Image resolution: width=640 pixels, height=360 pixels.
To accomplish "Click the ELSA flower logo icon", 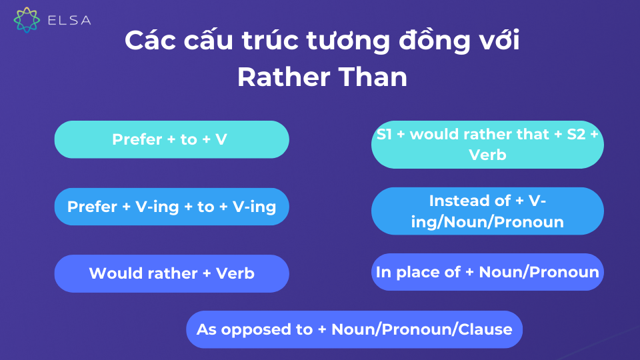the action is pyautogui.click(x=27, y=19).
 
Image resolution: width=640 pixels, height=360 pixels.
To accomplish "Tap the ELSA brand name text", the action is pyautogui.click(x=69, y=21).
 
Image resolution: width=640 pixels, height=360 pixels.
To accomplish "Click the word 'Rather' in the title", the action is pyautogui.click(x=284, y=77).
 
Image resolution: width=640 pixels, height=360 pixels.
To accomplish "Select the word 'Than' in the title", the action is pyautogui.click(x=373, y=77).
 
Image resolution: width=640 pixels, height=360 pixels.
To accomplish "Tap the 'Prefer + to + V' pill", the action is pyautogui.click(x=172, y=139).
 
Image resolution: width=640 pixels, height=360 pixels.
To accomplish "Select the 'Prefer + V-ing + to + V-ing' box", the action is pyautogui.click(x=172, y=207).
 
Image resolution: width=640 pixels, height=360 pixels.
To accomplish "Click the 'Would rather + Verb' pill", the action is pyautogui.click(x=172, y=273).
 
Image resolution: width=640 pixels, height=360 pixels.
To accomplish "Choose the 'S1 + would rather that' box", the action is pyautogui.click(x=487, y=145).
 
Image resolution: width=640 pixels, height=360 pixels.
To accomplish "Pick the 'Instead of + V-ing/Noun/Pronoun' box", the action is pyautogui.click(x=487, y=211).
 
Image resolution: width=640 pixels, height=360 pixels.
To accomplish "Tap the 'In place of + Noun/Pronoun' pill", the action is pyautogui.click(x=487, y=272).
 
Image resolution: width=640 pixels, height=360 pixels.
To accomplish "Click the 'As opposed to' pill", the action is pyautogui.click(x=354, y=329).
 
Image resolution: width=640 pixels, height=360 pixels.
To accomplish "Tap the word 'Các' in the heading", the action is pyautogui.click(x=150, y=41).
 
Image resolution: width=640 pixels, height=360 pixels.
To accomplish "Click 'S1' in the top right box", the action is pyautogui.click(x=384, y=134).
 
